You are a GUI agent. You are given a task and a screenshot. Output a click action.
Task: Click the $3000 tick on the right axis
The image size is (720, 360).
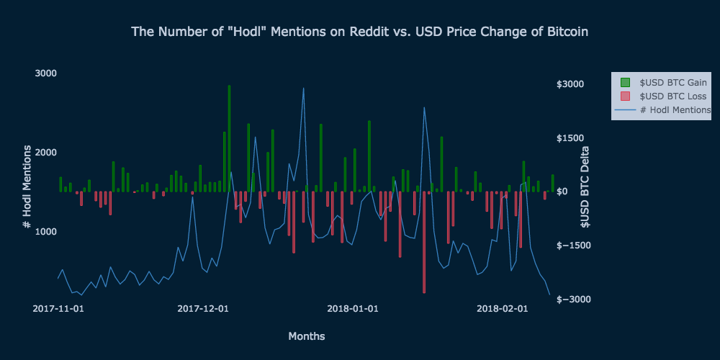(570, 84)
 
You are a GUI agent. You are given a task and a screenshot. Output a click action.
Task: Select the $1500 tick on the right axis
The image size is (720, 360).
(570, 138)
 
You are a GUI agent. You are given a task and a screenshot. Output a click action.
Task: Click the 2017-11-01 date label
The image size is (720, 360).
(59, 309)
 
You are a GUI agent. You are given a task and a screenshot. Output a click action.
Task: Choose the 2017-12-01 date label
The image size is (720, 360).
(203, 309)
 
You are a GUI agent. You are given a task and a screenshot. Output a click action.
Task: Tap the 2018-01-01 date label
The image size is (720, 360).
(353, 309)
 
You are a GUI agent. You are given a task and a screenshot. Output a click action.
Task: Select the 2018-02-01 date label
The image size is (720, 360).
(502, 309)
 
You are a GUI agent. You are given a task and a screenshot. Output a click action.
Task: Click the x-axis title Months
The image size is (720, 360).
(306, 336)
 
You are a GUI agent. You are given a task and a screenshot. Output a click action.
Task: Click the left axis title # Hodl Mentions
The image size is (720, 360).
(27, 186)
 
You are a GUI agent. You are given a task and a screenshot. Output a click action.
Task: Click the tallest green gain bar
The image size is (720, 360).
(229, 137)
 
